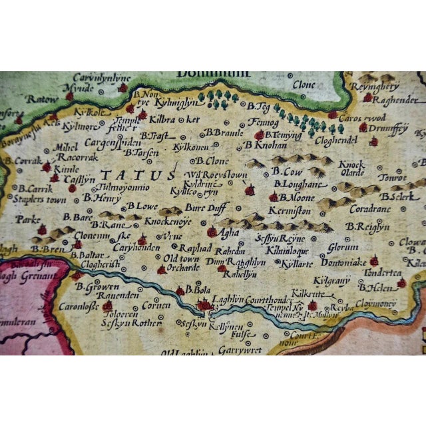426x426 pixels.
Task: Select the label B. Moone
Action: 296,198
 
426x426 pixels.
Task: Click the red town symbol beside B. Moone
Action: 274,197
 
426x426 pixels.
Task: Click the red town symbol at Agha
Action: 212,232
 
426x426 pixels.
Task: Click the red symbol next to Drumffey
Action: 363,127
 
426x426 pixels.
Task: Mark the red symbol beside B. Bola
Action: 180,291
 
